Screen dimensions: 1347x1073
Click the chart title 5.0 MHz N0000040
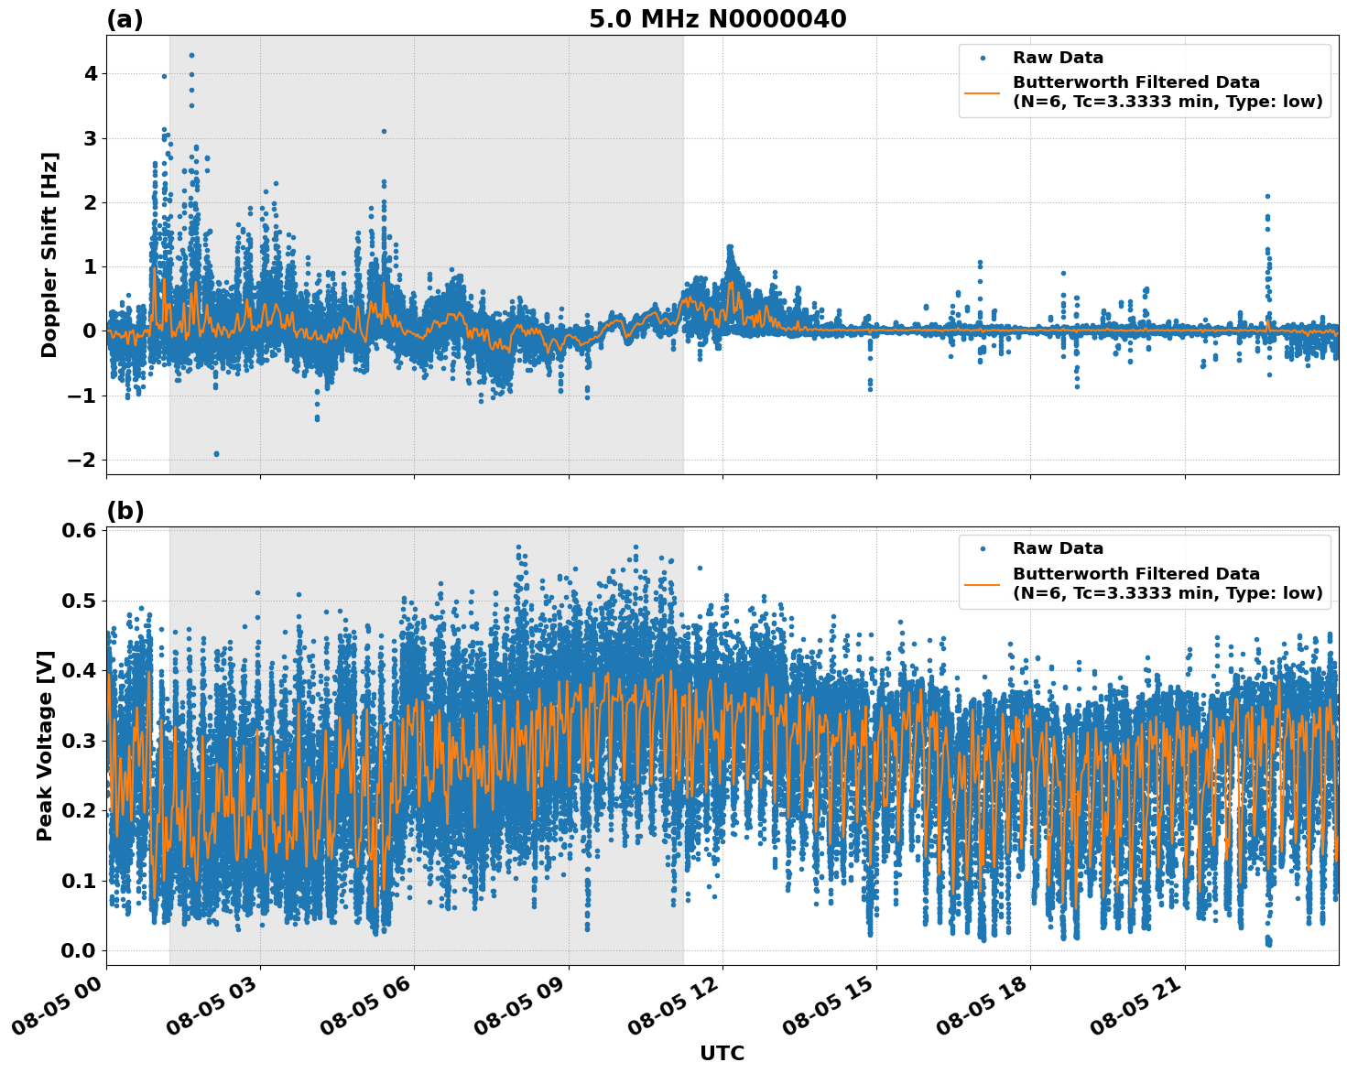click(717, 19)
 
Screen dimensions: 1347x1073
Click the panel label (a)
click(125, 19)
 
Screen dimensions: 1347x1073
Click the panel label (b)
click(125, 511)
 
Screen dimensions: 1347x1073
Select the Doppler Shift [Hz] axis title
click(49, 255)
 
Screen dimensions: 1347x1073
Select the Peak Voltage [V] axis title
click(45, 745)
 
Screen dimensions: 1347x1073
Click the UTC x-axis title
click(722, 1053)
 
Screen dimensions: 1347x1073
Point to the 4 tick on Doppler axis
click(91, 73)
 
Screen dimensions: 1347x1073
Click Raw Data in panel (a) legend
click(1058, 58)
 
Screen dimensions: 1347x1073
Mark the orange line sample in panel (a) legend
click(983, 92)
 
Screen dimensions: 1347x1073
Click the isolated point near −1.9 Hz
click(216, 453)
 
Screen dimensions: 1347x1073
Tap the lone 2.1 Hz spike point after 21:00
click(1267, 196)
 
